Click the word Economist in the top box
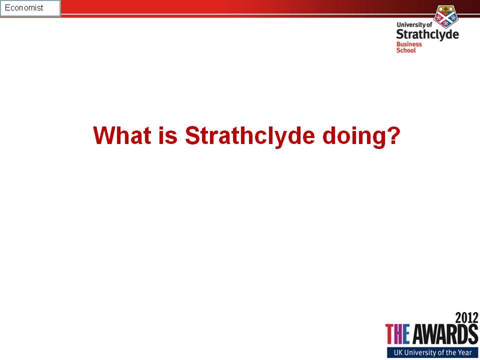tap(24, 7)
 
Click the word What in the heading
tap(122, 135)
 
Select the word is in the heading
tap(168, 135)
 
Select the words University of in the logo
tap(414, 25)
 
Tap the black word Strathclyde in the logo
tap(427, 34)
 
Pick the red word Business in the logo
tap(409, 44)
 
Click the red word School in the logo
tap(406, 50)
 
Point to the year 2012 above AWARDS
tap(466, 317)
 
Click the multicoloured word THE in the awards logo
tap(397, 334)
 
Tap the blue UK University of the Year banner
tap(432, 352)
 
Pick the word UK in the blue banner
tap(398, 352)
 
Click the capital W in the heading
tap(103, 135)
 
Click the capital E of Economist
tap(7, 7)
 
